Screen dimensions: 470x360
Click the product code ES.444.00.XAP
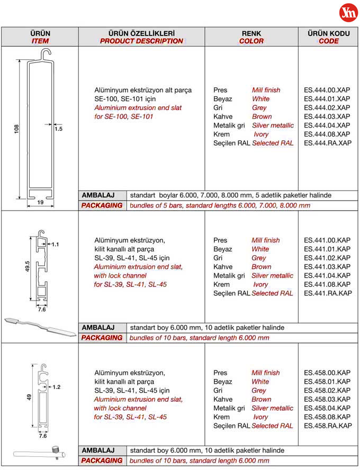tap(327, 90)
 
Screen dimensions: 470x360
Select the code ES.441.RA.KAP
tap(327, 293)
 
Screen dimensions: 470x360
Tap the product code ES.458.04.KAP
tap(327, 408)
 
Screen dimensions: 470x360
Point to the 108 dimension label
tap(16, 129)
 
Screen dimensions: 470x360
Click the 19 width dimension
tap(41, 202)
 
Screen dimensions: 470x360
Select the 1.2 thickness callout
tap(57, 387)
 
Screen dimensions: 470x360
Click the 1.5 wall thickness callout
tap(58, 129)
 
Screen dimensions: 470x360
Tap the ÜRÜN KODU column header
tap(328, 37)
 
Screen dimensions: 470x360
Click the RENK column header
tap(251, 37)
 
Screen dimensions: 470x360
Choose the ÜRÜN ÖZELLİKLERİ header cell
tap(141, 37)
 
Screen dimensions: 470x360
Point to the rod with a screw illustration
tap(41, 454)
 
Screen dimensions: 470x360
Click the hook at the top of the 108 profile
tap(47, 53)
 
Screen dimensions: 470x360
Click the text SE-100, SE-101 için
tap(125, 99)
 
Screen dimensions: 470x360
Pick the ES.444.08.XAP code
tap(327, 134)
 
